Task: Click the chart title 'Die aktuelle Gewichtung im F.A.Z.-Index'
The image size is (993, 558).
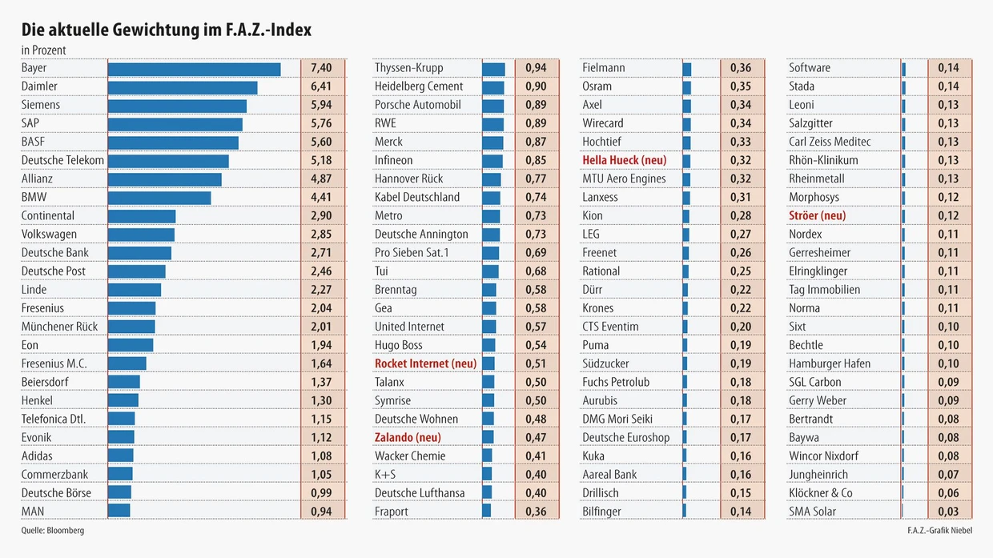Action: tap(167, 30)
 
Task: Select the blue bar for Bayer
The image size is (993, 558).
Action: tap(194, 69)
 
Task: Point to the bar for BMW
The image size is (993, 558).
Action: tap(159, 198)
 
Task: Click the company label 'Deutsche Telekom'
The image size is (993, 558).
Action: tap(62, 160)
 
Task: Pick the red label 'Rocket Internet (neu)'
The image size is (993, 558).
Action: tap(425, 363)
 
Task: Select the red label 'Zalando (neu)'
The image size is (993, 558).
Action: tap(408, 437)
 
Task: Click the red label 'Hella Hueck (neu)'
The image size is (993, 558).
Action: tap(624, 160)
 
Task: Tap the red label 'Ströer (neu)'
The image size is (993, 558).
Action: tap(817, 215)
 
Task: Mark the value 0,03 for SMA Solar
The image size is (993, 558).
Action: tap(948, 512)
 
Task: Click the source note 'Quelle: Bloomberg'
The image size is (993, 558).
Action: tap(52, 531)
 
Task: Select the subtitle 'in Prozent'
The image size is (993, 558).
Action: tap(43, 50)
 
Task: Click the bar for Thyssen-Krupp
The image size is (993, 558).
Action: tap(493, 69)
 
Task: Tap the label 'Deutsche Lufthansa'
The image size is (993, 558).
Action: tap(420, 493)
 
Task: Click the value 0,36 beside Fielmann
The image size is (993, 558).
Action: tap(741, 68)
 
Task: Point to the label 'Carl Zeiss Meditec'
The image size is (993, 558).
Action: tap(830, 142)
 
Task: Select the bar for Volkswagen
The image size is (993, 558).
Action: tap(141, 235)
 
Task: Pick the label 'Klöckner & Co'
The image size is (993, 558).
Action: tap(821, 493)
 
